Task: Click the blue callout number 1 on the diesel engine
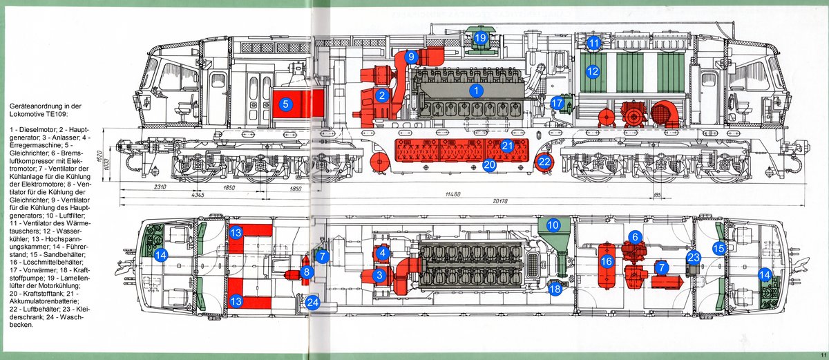[x=475, y=89]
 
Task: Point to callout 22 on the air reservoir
[x=545, y=162]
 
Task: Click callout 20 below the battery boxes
[x=490, y=165]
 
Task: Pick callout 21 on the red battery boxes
[x=507, y=146]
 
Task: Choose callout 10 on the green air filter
[x=553, y=225]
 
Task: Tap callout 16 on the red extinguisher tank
[x=607, y=261]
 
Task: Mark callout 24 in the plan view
[x=313, y=302]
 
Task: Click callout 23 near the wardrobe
[x=694, y=257]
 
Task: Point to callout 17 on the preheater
[x=557, y=103]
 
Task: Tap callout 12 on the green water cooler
[x=592, y=70]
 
